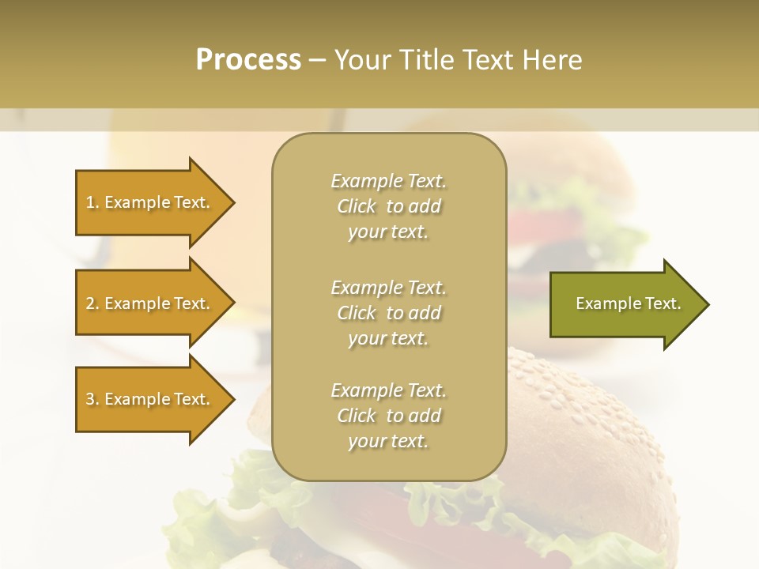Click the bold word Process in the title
[x=248, y=59]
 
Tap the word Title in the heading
[x=428, y=60]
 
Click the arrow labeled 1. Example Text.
[x=150, y=202]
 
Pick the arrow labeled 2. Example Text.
[x=150, y=303]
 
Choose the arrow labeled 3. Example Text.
[x=150, y=399]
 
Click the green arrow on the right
[x=625, y=303]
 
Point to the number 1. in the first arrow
[x=93, y=202]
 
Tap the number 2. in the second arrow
[x=93, y=303]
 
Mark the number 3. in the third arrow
[x=93, y=399]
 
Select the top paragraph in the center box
[x=388, y=206]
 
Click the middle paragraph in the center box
[x=388, y=313]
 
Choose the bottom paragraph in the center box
[x=388, y=416]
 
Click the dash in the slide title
[x=318, y=60]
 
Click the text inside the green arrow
[x=628, y=303]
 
